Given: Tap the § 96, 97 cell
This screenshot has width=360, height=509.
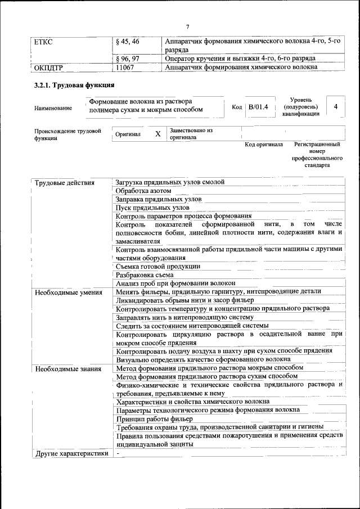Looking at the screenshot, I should [127, 58].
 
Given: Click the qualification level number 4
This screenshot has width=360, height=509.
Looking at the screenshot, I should [335, 106].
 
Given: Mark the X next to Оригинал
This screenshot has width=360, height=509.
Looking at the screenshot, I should [157, 134].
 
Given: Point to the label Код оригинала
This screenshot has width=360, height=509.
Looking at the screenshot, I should [264, 145].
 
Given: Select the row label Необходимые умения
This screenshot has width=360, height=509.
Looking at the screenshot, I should [68, 292].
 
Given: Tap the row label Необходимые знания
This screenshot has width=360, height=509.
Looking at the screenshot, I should [67, 369].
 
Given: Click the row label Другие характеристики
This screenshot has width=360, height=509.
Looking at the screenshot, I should [71, 453].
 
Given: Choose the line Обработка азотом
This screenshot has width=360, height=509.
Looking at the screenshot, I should [143, 191].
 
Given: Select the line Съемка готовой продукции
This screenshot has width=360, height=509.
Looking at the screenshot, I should [158, 267].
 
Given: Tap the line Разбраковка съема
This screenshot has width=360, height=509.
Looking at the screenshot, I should [144, 275].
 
